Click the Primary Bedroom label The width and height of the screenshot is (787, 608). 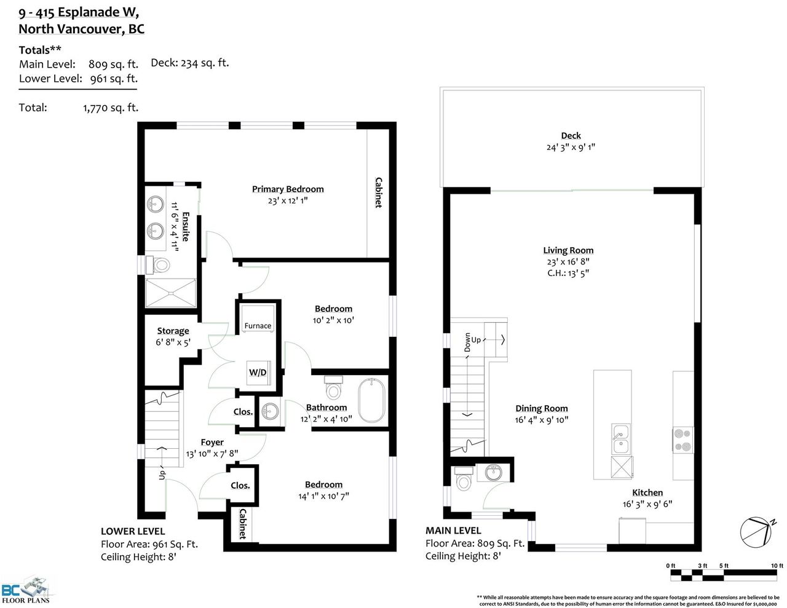coord(288,189)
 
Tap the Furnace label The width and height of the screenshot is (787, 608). coord(258,326)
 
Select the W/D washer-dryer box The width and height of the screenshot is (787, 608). coord(258,373)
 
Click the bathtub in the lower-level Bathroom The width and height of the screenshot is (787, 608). coord(371,400)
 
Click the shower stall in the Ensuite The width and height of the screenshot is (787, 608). coord(170,293)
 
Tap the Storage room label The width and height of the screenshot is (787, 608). coord(173,331)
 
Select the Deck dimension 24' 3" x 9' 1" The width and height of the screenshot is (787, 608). coord(571,148)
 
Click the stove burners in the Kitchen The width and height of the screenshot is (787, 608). coord(683,440)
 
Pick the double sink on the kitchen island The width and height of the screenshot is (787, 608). coord(621,439)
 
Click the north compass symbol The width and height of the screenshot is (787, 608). coord(756,532)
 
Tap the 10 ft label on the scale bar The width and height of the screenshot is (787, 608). coord(777,566)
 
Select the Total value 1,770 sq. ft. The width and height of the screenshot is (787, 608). coord(111,108)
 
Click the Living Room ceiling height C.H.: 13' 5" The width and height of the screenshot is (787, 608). coord(568,273)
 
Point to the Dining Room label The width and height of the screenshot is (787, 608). coord(542,408)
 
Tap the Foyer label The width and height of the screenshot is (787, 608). coord(212,442)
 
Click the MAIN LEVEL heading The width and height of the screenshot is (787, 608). coord(453,531)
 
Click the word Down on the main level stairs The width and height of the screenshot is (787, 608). coord(467,342)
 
